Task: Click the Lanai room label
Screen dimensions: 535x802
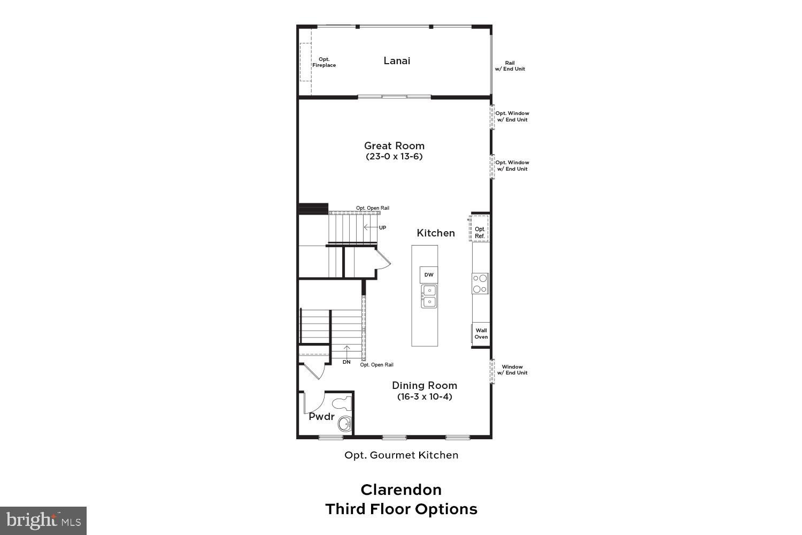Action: click(x=397, y=61)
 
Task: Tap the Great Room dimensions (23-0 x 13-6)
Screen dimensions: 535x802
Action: click(x=394, y=157)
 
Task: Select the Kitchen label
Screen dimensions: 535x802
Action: click(x=436, y=233)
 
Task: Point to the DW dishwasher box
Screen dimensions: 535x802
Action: click(x=429, y=275)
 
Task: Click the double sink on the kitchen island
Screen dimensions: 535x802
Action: click(x=429, y=296)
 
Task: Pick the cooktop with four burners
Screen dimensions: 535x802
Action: click(x=480, y=284)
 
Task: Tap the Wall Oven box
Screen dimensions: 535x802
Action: click(x=481, y=334)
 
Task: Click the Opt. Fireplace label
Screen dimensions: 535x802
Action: click(x=324, y=62)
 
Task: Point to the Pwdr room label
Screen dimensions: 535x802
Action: click(x=321, y=417)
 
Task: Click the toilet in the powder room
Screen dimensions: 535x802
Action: click(x=341, y=402)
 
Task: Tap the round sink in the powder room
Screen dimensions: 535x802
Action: click(x=345, y=424)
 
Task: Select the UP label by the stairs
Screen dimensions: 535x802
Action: click(x=382, y=228)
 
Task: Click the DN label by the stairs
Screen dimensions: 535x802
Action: click(x=346, y=362)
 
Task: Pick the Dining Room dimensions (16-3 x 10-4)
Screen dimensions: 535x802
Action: click(x=425, y=397)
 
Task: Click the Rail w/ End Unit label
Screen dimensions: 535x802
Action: click(x=510, y=66)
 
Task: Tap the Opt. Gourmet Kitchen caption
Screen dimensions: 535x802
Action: click(x=401, y=455)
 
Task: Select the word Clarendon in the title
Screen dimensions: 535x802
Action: click(x=401, y=490)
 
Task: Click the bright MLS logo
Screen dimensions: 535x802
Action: click(x=43, y=521)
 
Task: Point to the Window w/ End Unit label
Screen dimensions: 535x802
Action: click(x=512, y=370)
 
